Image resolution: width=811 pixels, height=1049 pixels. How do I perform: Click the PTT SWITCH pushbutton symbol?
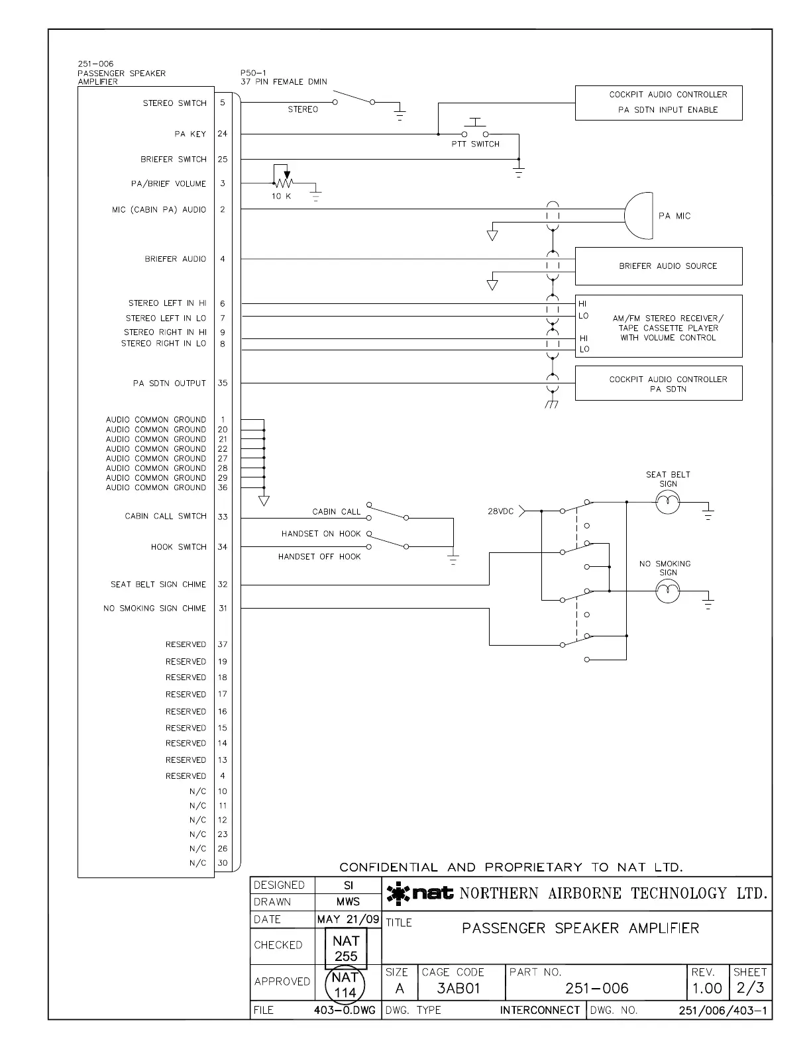475,130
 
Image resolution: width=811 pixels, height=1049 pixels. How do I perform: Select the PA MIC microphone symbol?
639,216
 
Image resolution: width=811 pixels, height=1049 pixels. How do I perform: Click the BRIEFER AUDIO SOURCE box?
659,266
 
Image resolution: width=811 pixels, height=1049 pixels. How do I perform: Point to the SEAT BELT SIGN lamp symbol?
668,503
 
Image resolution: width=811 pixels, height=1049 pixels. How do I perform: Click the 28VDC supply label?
501,511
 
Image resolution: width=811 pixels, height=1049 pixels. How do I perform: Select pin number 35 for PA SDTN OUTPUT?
223,383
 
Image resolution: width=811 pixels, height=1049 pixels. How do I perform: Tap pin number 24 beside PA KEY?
223,134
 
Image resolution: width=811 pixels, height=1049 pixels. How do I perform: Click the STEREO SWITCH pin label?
175,103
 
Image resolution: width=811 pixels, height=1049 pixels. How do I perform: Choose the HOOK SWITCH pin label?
179,547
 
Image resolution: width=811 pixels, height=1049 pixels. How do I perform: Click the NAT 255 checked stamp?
346,948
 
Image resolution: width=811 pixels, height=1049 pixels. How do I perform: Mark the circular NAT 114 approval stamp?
345,985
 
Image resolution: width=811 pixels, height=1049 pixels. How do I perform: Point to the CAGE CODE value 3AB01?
459,989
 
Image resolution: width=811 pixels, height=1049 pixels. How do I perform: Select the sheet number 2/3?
750,989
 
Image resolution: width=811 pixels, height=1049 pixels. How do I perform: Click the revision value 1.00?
707,989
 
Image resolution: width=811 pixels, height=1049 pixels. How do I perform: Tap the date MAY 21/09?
349,919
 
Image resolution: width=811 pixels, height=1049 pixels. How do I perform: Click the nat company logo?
421,894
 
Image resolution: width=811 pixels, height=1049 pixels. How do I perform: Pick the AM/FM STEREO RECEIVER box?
659,326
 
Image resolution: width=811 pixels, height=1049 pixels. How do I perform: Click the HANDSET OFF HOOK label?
319,557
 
